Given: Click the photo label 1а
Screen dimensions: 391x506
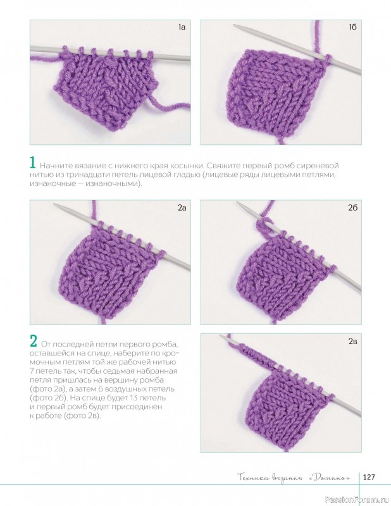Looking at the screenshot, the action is pyautogui.click(x=182, y=27).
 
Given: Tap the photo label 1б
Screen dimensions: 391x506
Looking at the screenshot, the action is pyautogui.click(x=352, y=27).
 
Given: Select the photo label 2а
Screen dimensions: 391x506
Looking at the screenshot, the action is pyautogui.click(x=182, y=208).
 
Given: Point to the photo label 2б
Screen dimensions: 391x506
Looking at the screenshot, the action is pyautogui.click(x=352, y=208).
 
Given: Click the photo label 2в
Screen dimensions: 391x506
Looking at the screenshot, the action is pyautogui.click(x=352, y=341).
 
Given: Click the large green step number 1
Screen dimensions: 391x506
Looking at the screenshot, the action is pyautogui.click(x=32, y=163).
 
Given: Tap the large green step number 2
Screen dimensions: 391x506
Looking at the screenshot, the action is pyautogui.click(x=34, y=340).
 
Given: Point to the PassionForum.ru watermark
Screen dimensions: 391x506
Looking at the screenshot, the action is pyautogui.click(x=357, y=499).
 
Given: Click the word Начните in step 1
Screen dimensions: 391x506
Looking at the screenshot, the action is pyautogui.click(x=53, y=166).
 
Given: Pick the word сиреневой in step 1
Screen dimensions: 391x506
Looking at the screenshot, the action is pyautogui.click(x=321, y=166).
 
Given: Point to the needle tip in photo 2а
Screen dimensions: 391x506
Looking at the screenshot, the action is pyautogui.click(x=56, y=205).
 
